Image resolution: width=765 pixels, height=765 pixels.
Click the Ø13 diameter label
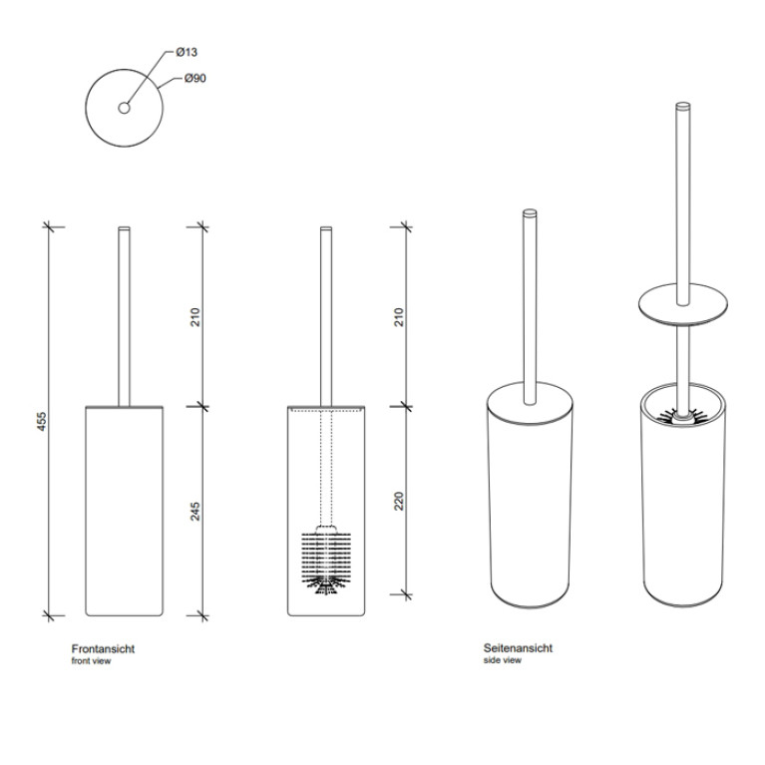(x=187, y=52)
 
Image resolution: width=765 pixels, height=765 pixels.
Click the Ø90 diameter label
(x=195, y=78)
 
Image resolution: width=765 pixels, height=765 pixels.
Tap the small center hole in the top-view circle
(x=124, y=108)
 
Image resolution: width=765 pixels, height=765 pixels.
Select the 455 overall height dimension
(x=42, y=422)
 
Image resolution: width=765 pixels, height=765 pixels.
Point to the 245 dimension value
(x=195, y=512)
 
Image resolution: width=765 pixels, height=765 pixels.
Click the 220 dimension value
(x=399, y=501)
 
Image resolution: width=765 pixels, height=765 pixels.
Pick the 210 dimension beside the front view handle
(x=195, y=317)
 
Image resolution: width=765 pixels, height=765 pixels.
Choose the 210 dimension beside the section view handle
(x=399, y=317)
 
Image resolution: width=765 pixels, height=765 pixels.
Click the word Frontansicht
(x=103, y=649)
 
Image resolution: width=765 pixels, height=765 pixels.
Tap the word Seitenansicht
(x=518, y=648)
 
